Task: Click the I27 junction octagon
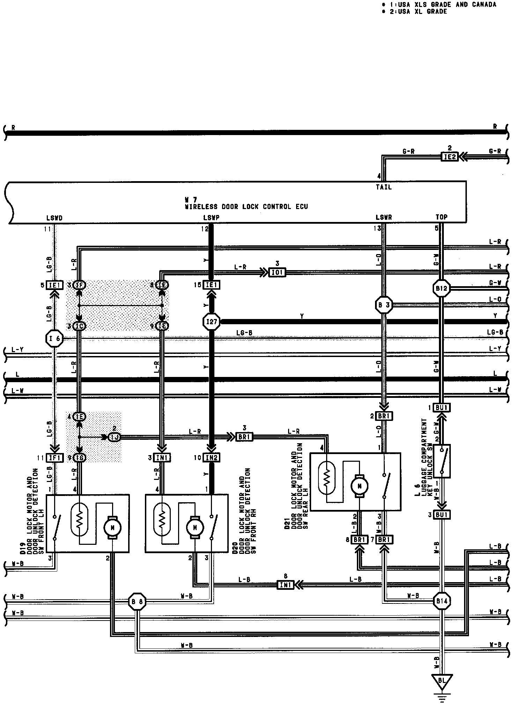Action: pos(212,321)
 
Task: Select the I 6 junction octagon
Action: pos(54,338)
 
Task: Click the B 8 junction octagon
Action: pos(137,601)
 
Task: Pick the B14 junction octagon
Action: pos(442,601)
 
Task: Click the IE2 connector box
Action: pos(449,157)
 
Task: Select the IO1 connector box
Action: pos(277,272)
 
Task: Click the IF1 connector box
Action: pos(54,458)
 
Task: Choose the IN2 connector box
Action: pos(211,458)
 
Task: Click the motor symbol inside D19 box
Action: pos(113,528)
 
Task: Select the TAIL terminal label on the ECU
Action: pos(383,187)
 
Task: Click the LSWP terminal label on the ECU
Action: pos(211,218)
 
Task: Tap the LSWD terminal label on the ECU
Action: pos(54,218)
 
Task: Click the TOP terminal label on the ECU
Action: pos(441,217)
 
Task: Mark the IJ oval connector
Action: pos(114,437)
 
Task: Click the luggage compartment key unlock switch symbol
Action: pos(442,461)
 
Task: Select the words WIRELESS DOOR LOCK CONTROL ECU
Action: pos(246,206)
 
